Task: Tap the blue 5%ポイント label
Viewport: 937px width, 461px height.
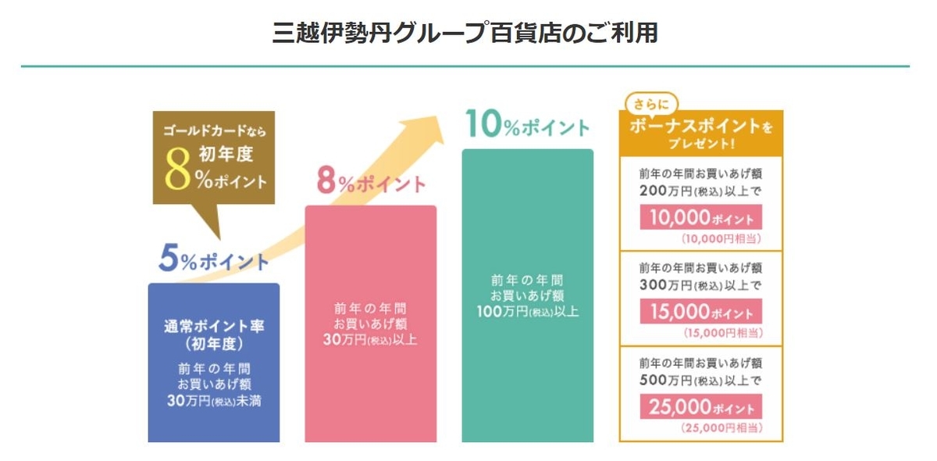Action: pyautogui.click(x=213, y=260)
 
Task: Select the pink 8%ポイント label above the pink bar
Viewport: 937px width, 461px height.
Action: pyautogui.click(x=371, y=182)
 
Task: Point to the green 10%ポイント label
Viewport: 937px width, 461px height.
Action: pyautogui.click(x=527, y=125)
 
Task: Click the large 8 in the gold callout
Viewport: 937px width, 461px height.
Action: pyautogui.click(x=179, y=173)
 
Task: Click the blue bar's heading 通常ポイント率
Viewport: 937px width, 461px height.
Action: pyautogui.click(x=213, y=327)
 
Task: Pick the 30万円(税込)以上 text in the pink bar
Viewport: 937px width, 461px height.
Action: pyautogui.click(x=371, y=340)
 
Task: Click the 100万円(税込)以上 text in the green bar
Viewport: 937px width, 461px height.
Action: pyautogui.click(x=527, y=311)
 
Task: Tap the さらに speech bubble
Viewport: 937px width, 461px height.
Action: pyautogui.click(x=651, y=104)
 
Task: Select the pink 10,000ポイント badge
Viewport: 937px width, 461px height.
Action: pyautogui.click(x=700, y=217)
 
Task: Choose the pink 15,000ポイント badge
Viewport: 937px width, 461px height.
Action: pyautogui.click(x=700, y=312)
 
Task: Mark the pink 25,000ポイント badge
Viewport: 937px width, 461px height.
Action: pyautogui.click(x=700, y=407)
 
